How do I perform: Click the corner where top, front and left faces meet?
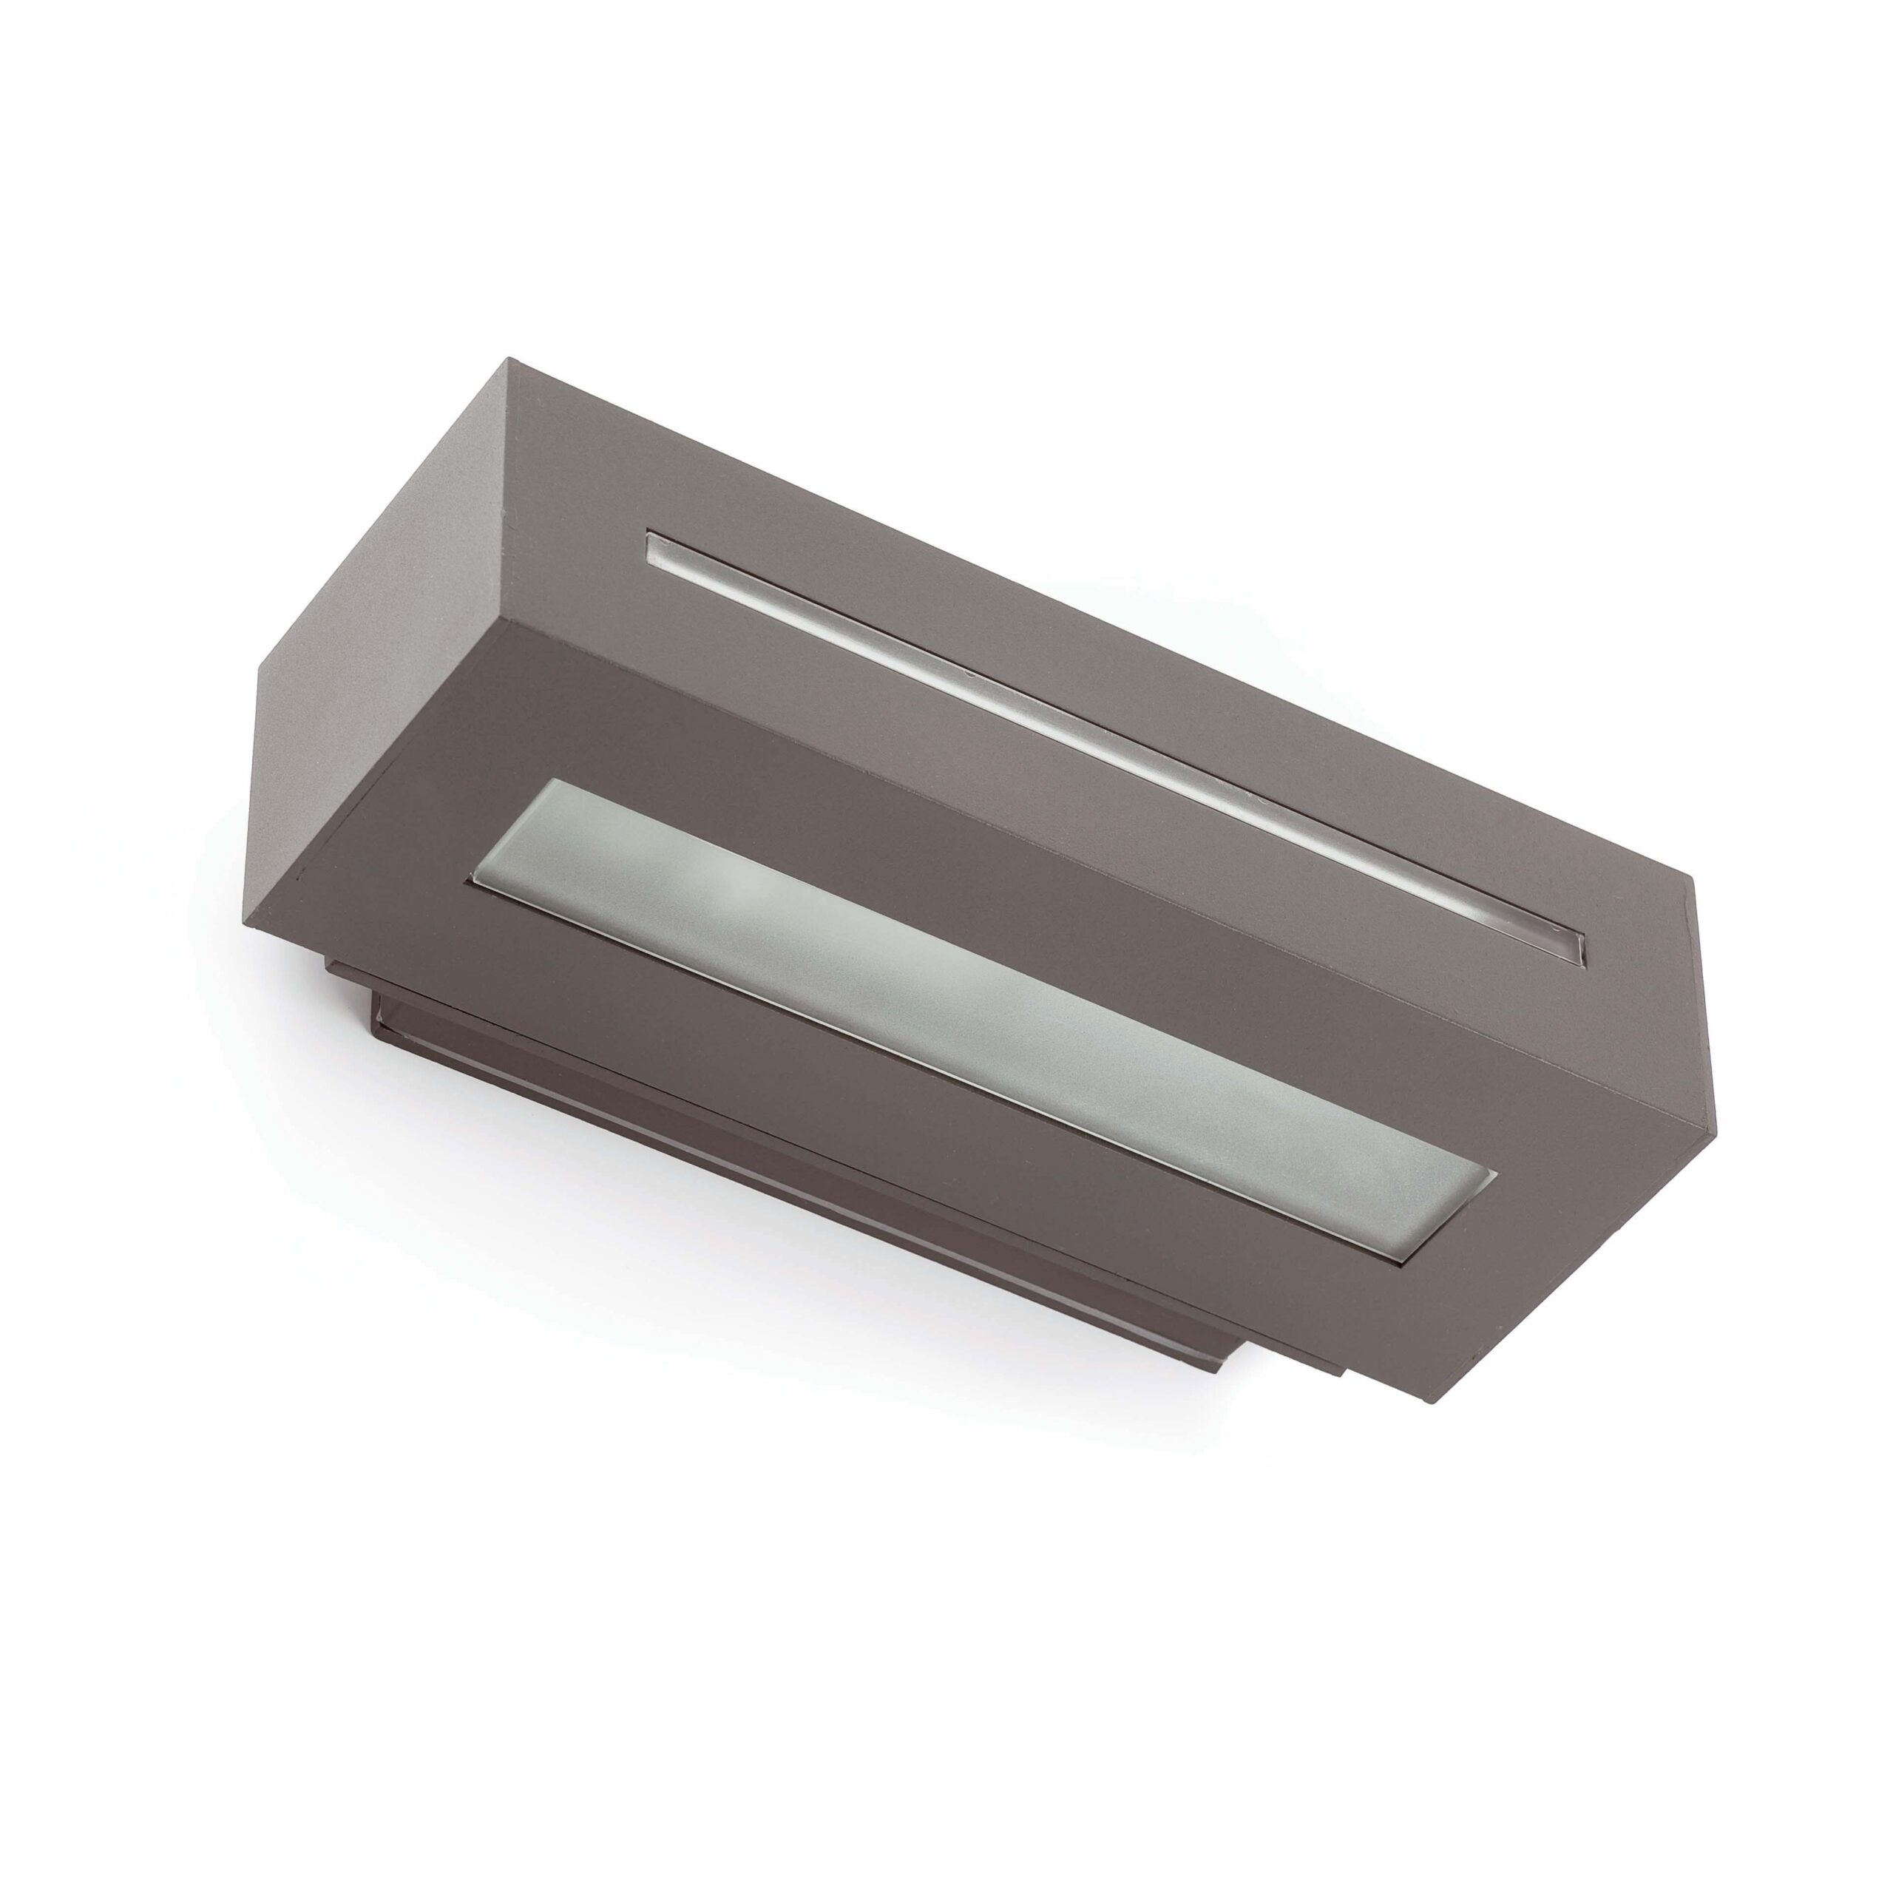[507, 618]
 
